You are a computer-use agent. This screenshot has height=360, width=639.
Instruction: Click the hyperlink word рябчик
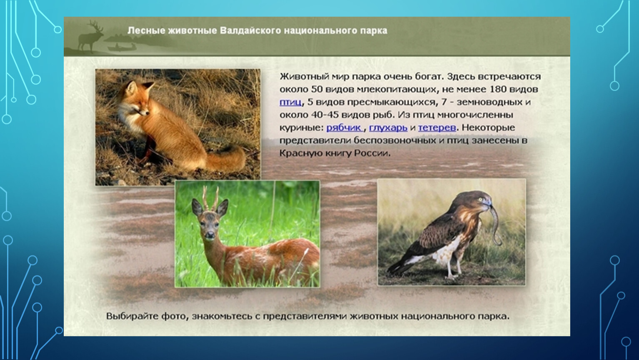pos(344,127)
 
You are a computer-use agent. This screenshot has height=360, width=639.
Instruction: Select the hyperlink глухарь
pos(388,127)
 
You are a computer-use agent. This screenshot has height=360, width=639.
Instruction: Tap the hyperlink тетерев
pos(437,127)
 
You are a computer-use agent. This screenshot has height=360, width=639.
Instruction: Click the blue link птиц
pos(290,102)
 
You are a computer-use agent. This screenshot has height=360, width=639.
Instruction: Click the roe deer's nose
pos(210,235)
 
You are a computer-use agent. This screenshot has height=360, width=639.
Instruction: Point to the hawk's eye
pos(481,199)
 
